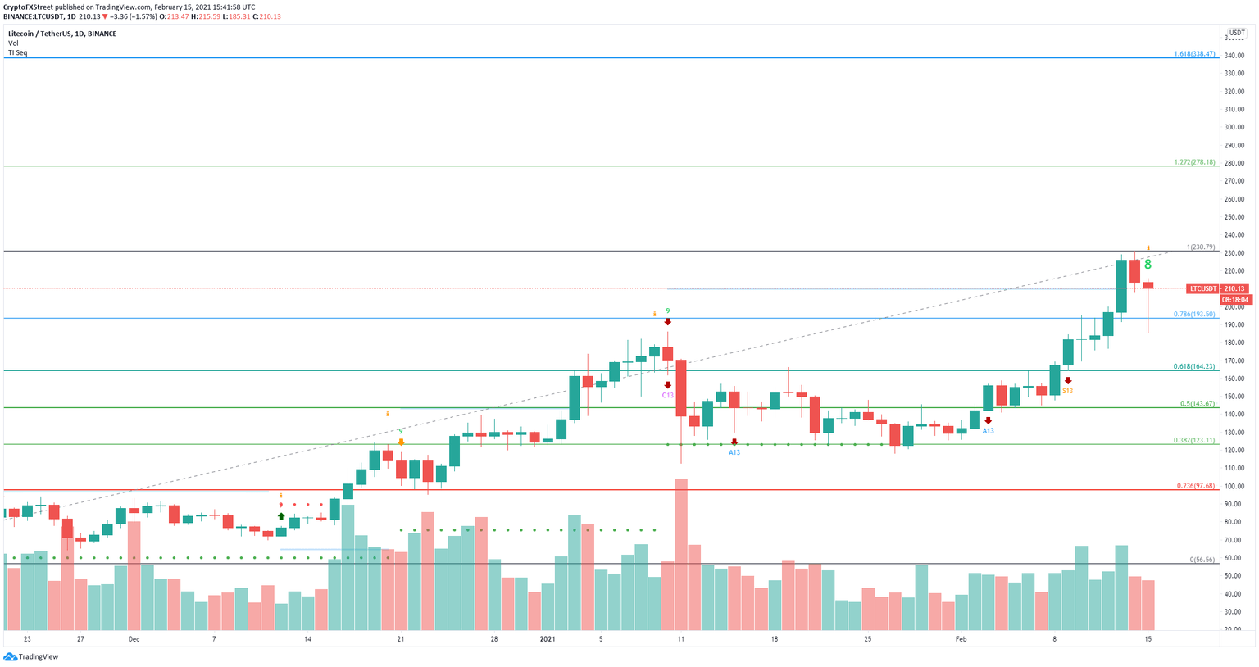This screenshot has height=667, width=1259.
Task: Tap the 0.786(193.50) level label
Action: [x=1193, y=314]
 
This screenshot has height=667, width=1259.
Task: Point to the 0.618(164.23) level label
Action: [x=1193, y=366]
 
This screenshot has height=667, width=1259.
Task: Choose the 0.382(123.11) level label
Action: [x=1193, y=440]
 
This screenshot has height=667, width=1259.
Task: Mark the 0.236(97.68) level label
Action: [x=1193, y=486]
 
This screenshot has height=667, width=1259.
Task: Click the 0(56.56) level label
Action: [x=1201, y=560]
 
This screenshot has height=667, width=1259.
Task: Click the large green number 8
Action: [x=1148, y=265]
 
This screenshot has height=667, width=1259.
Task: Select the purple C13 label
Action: [x=668, y=395]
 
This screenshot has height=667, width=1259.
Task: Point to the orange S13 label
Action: [x=1067, y=391]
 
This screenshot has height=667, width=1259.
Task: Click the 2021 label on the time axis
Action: [x=548, y=638]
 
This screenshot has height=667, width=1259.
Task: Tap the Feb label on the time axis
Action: [x=961, y=638]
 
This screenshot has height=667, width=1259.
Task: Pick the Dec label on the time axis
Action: [x=134, y=638]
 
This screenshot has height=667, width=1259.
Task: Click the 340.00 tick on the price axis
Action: [x=1234, y=55]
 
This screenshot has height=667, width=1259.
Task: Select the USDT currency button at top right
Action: [x=1236, y=33]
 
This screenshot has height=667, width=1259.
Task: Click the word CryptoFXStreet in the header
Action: [x=29, y=7]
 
